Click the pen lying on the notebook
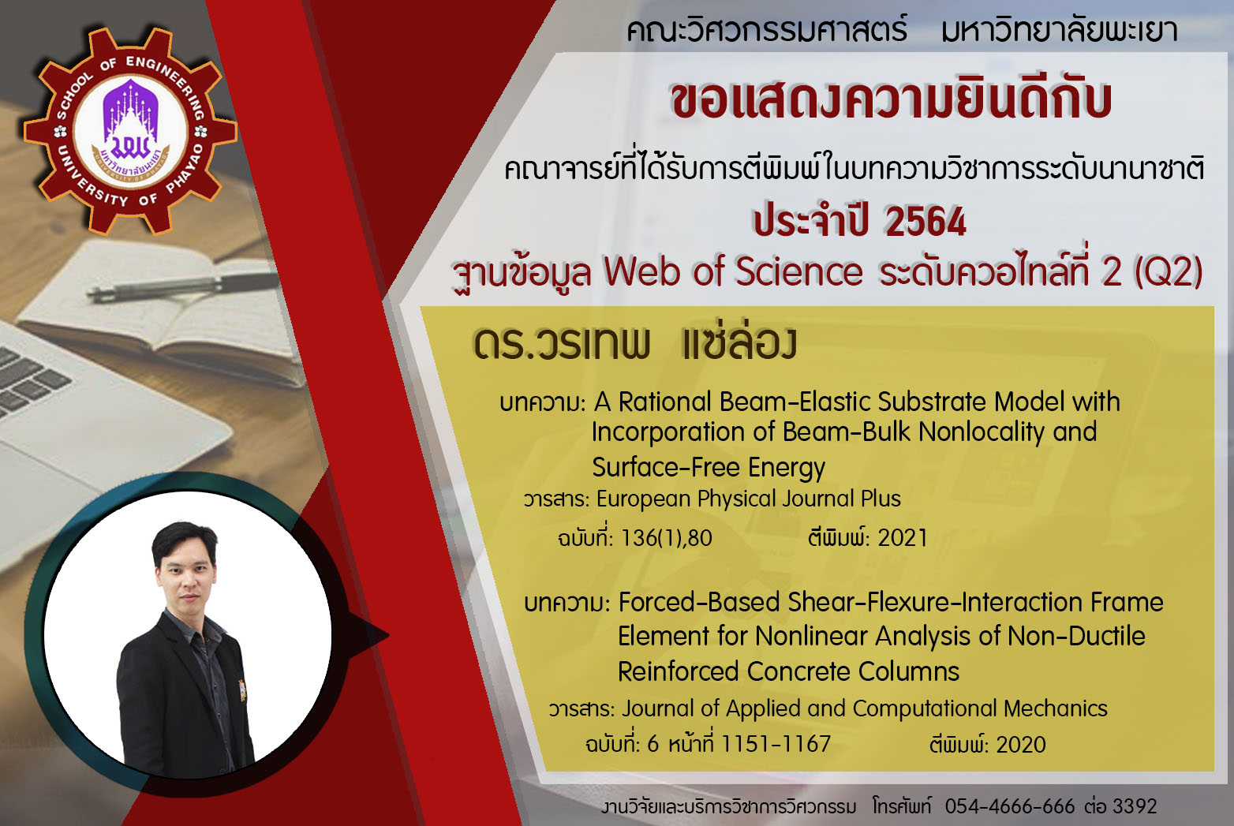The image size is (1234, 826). (x=182, y=286)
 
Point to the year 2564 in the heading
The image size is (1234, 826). (x=925, y=222)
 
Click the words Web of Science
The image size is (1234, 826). (x=733, y=271)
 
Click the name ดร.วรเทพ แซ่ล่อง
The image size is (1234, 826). (x=634, y=342)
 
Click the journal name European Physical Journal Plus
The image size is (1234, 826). (x=749, y=499)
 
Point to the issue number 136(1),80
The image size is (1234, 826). (x=666, y=538)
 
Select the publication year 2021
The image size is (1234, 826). (x=903, y=538)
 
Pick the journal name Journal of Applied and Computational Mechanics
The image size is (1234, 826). (x=864, y=708)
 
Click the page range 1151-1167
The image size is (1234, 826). (x=776, y=744)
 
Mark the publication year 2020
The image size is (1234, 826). (x=1021, y=745)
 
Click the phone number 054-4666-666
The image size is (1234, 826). (x=1010, y=806)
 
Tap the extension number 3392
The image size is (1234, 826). (x=1135, y=806)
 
